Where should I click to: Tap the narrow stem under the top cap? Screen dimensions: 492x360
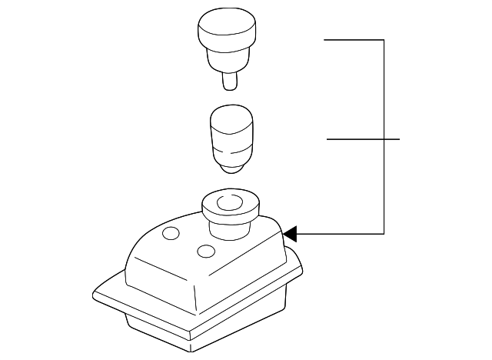tap(229, 80)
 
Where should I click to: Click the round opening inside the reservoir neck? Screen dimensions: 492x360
tap(229, 203)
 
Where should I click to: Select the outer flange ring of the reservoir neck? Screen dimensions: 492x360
tap(208, 208)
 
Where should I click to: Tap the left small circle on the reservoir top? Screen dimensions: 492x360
tap(171, 233)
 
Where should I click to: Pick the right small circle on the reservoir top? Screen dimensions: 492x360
tap(205, 251)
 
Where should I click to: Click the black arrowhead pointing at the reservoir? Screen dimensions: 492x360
tap(290, 232)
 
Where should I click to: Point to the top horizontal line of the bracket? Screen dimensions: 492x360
tap(354, 39)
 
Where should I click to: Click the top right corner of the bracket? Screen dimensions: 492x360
tap(383, 39)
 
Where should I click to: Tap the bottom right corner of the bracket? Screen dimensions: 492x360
tap(383, 232)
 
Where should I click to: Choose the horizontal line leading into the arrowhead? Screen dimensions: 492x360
tap(338, 232)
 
